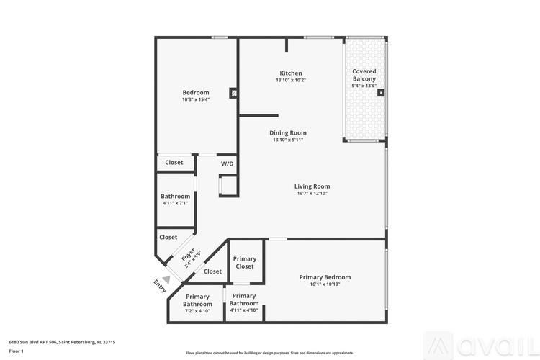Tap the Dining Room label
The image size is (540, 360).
pyautogui.click(x=288, y=132)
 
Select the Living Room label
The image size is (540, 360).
pyautogui.click(x=312, y=186)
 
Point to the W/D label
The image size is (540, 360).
pyautogui.click(x=227, y=163)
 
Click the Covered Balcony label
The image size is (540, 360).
pyautogui.click(x=364, y=75)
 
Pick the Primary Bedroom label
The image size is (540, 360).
pyautogui.click(x=325, y=277)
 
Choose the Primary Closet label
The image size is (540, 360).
pyautogui.click(x=245, y=263)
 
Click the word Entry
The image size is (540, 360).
pyautogui.click(x=159, y=287)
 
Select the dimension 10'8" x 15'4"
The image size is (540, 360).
pyautogui.click(x=195, y=99)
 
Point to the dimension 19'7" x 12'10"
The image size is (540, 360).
pyautogui.click(x=312, y=193)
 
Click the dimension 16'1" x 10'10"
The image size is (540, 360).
pyautogui.click(x=325, y=284)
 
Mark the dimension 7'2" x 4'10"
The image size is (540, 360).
pyautogui.click(x=197, y=310)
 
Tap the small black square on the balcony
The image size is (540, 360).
pyautogui.click(x=381, y=92)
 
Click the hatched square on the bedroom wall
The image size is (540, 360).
pyautogui.click(x=233, y=92)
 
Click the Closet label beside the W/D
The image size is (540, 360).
pyautogui.click(x=174, y=162)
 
